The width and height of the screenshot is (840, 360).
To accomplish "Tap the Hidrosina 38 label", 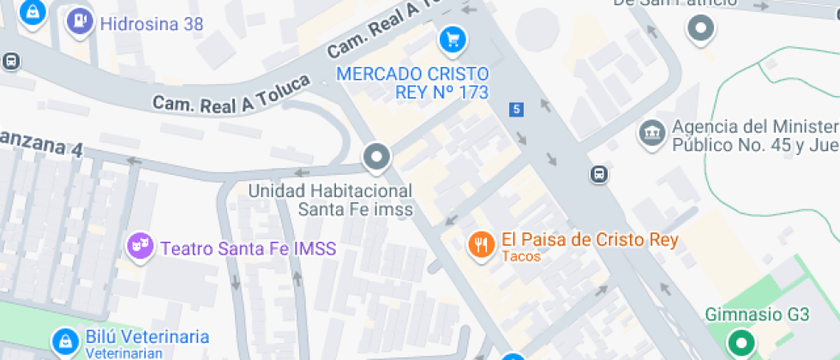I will coord(152,23).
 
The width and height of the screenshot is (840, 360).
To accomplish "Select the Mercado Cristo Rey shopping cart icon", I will coord(452,39).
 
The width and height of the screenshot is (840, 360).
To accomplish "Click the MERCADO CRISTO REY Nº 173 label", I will coord(412,82).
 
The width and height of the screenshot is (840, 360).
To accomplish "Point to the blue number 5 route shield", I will coord(515,109).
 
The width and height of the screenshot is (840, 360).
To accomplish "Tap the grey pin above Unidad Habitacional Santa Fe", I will coord(375,158).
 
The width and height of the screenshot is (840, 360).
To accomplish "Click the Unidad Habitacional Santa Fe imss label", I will coord(331,200).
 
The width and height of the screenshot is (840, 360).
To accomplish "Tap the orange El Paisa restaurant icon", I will coord(481,244).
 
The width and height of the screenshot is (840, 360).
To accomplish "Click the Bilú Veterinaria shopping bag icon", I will coord(63,342).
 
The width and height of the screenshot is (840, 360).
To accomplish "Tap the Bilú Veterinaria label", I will coord(147,336).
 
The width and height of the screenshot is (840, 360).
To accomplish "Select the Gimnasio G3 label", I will coord(757,315).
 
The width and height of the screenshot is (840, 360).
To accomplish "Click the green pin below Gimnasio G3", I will coord(741,345).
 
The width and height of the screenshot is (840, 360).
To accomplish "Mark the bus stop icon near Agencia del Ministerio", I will coord(599,175).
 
